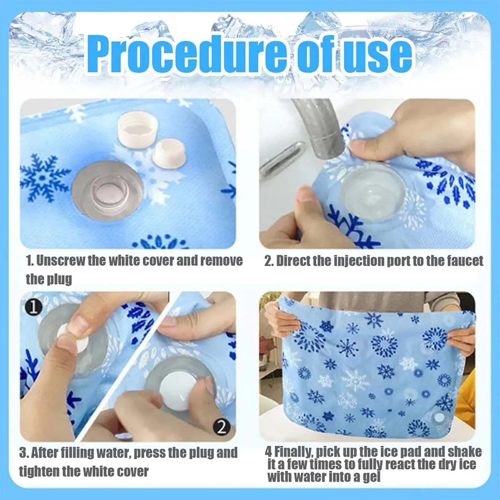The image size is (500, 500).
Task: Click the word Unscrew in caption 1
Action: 61,261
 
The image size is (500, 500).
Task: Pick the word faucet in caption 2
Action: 465,261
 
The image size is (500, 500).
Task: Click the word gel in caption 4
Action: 372,477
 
